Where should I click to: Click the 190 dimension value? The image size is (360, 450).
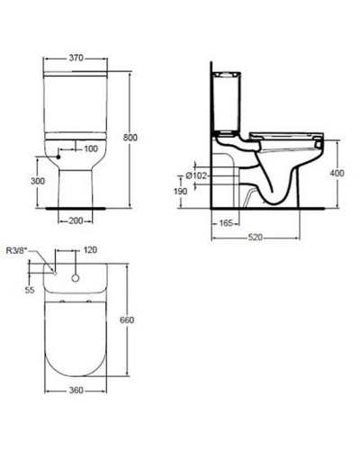pos(182,192)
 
